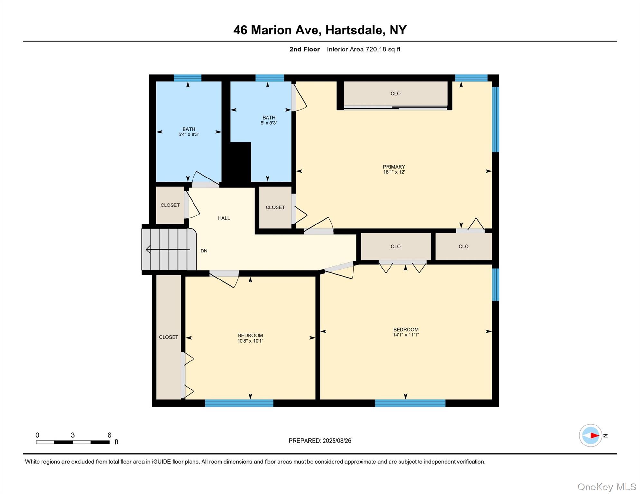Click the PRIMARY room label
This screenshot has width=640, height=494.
(394, 167)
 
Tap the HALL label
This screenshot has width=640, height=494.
(224, 218)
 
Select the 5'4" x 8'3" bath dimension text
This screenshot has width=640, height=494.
(189, 134)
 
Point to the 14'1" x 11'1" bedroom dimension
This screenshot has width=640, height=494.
(406, 335)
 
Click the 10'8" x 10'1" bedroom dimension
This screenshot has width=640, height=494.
(250, 341)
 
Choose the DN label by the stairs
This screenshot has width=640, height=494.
(204, 251)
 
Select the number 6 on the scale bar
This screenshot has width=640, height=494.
(109, 435)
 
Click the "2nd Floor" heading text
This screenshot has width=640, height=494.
(304, 49)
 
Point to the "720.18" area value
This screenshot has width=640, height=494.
(376, 49)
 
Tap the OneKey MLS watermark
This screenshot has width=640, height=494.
(607, 487)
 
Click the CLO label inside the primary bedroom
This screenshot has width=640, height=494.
(396, 94)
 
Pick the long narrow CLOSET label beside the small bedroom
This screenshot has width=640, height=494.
(168, 337)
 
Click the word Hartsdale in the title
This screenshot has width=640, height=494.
(355, 30)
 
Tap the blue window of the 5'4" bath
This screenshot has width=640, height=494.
(187, 78)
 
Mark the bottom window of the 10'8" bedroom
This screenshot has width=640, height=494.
(239, 403)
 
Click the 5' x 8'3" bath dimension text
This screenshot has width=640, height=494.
(269, 123)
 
